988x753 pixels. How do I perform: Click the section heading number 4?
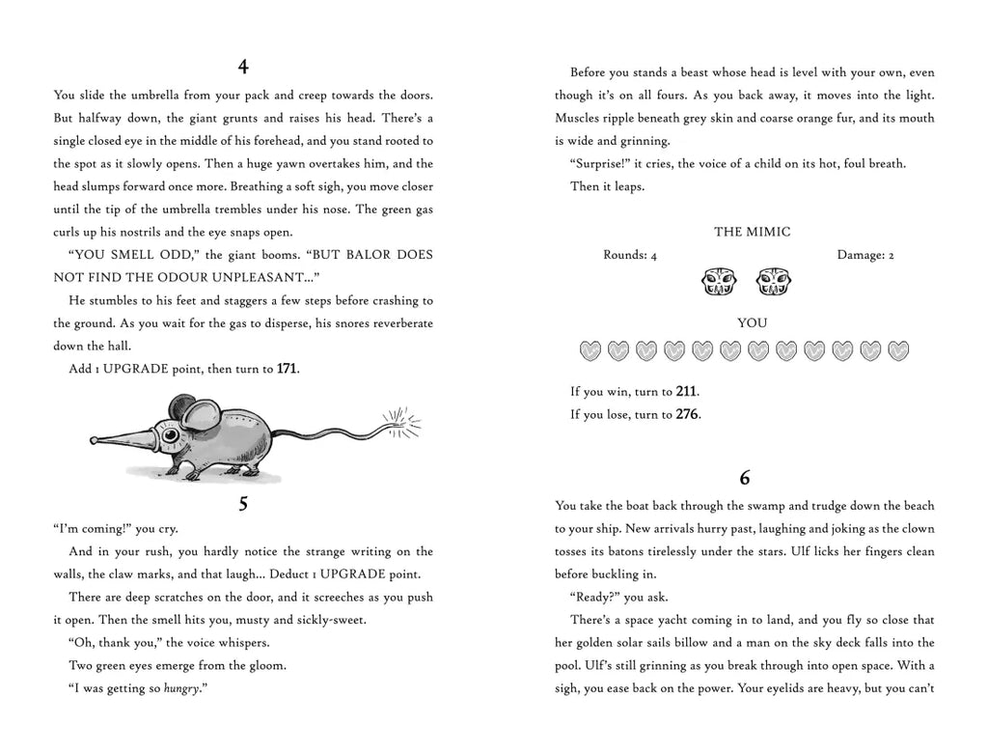click(x=243, y=68)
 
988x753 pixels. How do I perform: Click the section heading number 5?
click(x=243, y=503)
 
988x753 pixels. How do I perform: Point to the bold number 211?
click(x=686, y=391)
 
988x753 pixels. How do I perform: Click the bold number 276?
click(x=687, y=414)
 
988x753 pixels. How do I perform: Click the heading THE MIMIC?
click(x=752, y=232)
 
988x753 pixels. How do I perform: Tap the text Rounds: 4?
click(x=630, y=256)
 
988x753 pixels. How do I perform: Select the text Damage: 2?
click(x=865, y=256)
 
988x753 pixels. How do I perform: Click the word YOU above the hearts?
click(x=752, y=323)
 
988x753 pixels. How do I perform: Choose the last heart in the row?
click(x=898, y=349)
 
